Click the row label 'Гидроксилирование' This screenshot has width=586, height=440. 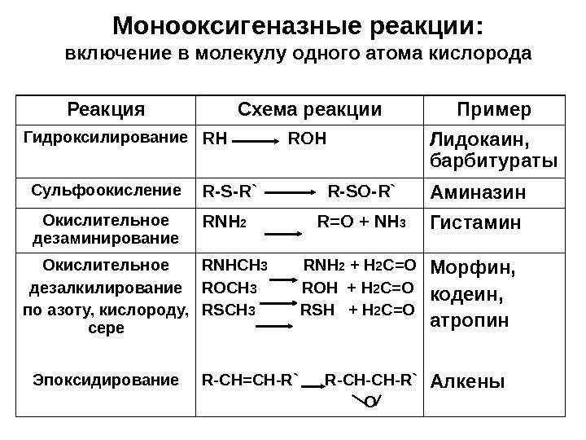click(x=106, y=139)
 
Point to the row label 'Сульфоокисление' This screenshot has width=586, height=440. click(x=107, y=191)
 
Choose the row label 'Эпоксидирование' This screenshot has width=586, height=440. click(x=105, y=379)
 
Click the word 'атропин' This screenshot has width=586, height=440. click(x=469, y=320)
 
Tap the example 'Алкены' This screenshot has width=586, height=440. click(x=466, y=381)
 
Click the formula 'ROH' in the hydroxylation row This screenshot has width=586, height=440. click(x=307, y=138)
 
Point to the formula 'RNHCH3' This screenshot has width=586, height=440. click(x=230, y=266)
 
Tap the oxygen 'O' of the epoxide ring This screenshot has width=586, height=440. click(x=370, y=400)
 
